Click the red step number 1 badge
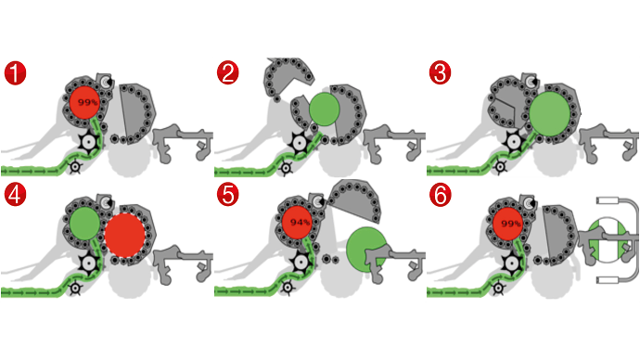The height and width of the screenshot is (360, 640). click(x=15, y=73)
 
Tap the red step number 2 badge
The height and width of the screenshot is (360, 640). click(x=228, y=73)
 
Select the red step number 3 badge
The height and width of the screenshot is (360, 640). click(x=440, y=73)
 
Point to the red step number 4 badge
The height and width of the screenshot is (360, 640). click(x=15, y=195)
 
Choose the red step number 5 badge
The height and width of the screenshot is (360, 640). click(x=228, y=195)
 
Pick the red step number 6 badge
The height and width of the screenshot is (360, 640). click(x=441, y=195)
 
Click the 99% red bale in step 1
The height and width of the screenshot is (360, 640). click(x=85, y=102)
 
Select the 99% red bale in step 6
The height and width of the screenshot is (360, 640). click(x=508, y=224)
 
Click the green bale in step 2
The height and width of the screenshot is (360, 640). click(x=324, y=109)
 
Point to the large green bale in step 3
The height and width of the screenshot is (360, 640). click(x=549, y=114)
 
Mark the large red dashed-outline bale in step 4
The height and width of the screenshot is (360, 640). click(x=124, y=235)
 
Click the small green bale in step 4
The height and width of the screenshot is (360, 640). click(x=84, y=224)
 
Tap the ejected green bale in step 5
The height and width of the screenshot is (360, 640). click(x=364, y=250)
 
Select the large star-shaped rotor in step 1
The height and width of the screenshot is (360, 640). click(x=88, y=142)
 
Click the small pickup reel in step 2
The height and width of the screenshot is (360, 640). click(x=286, y=168)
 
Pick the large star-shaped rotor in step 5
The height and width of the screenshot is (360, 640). click(x=301, y=263)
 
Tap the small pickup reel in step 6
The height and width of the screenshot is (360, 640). click(x=498, y=289)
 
